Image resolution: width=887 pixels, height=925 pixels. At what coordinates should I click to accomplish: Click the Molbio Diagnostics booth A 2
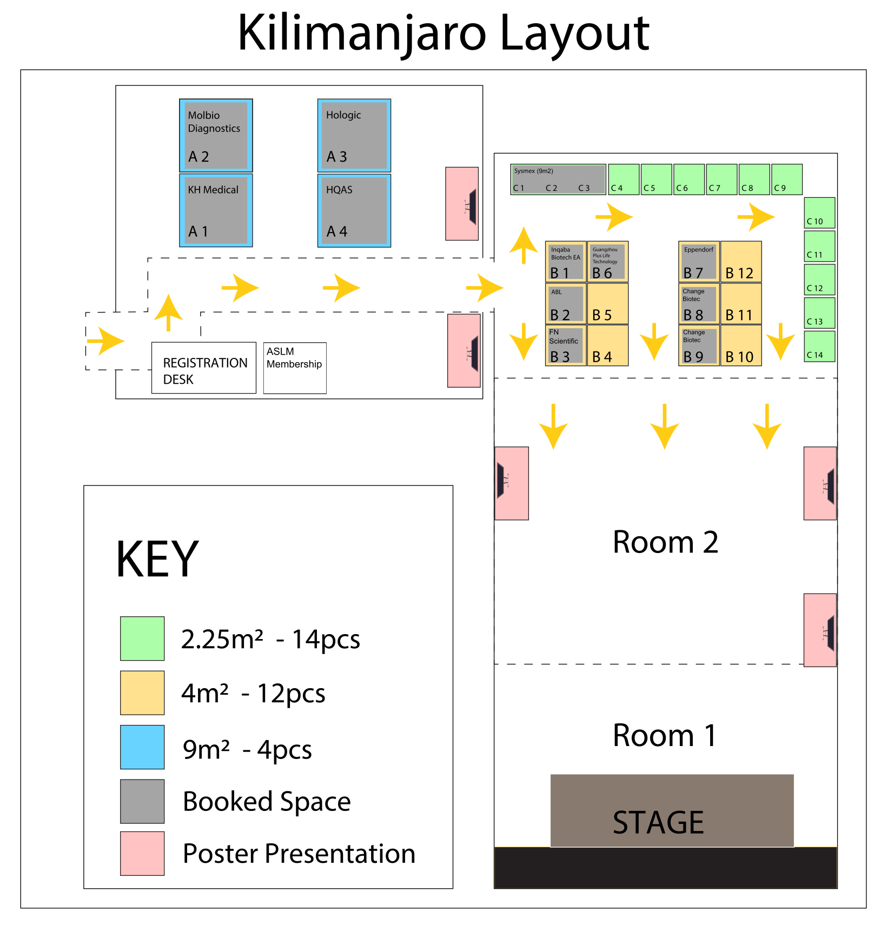[216, 135]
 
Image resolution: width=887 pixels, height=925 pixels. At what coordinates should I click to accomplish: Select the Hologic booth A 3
[354, 135]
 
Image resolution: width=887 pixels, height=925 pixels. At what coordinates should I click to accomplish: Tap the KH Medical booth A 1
[216, 210]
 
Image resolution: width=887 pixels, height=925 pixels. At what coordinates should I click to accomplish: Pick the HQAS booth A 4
[354, 210]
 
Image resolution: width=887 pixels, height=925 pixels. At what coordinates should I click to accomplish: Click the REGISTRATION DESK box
[204, 368]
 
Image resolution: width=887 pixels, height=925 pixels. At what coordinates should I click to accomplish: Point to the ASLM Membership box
[295, 368]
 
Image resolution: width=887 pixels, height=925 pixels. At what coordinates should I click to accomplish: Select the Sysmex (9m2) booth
[558, 179]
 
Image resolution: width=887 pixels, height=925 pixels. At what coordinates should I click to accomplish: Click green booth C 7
[721, 179]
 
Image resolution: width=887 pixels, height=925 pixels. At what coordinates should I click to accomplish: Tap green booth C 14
[819, 346]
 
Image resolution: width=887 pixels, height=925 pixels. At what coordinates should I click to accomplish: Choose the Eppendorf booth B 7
[699, 262]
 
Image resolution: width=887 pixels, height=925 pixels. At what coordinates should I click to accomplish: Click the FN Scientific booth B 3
[566, 345]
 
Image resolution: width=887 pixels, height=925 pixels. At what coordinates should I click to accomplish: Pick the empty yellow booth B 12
[741, 262]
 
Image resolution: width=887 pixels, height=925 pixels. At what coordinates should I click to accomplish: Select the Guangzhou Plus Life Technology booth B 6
[608, 262]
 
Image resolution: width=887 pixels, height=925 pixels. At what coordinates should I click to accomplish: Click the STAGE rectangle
[672, 810]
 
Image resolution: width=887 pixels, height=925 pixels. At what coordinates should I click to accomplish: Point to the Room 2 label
[665, 542]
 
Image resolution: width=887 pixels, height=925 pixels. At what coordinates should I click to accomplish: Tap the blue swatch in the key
[142, 747]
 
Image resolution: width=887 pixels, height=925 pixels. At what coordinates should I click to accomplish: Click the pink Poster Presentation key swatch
[142, 853]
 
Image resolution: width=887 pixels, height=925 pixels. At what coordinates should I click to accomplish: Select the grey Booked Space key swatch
[142, 801]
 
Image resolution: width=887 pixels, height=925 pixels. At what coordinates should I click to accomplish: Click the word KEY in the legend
[157, 560]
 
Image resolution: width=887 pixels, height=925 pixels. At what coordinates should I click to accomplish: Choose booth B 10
[741, 345]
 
